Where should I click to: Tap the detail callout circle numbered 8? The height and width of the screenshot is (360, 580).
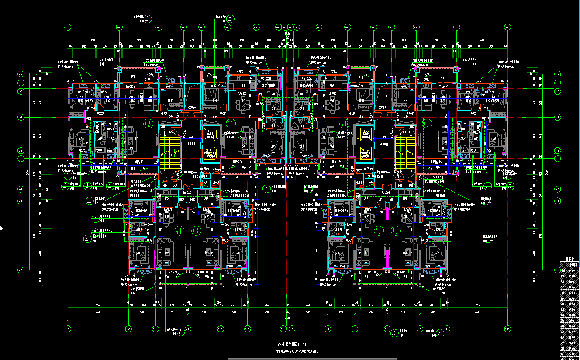pos(87,185)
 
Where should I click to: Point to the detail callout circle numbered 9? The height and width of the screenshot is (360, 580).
pos(110,185)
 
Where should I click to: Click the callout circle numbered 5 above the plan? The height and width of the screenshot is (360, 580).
pos(148,18)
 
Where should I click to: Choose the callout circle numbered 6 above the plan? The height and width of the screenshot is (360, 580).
pos(231,18)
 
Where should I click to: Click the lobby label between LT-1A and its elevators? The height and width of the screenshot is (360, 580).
pos(190,143)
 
